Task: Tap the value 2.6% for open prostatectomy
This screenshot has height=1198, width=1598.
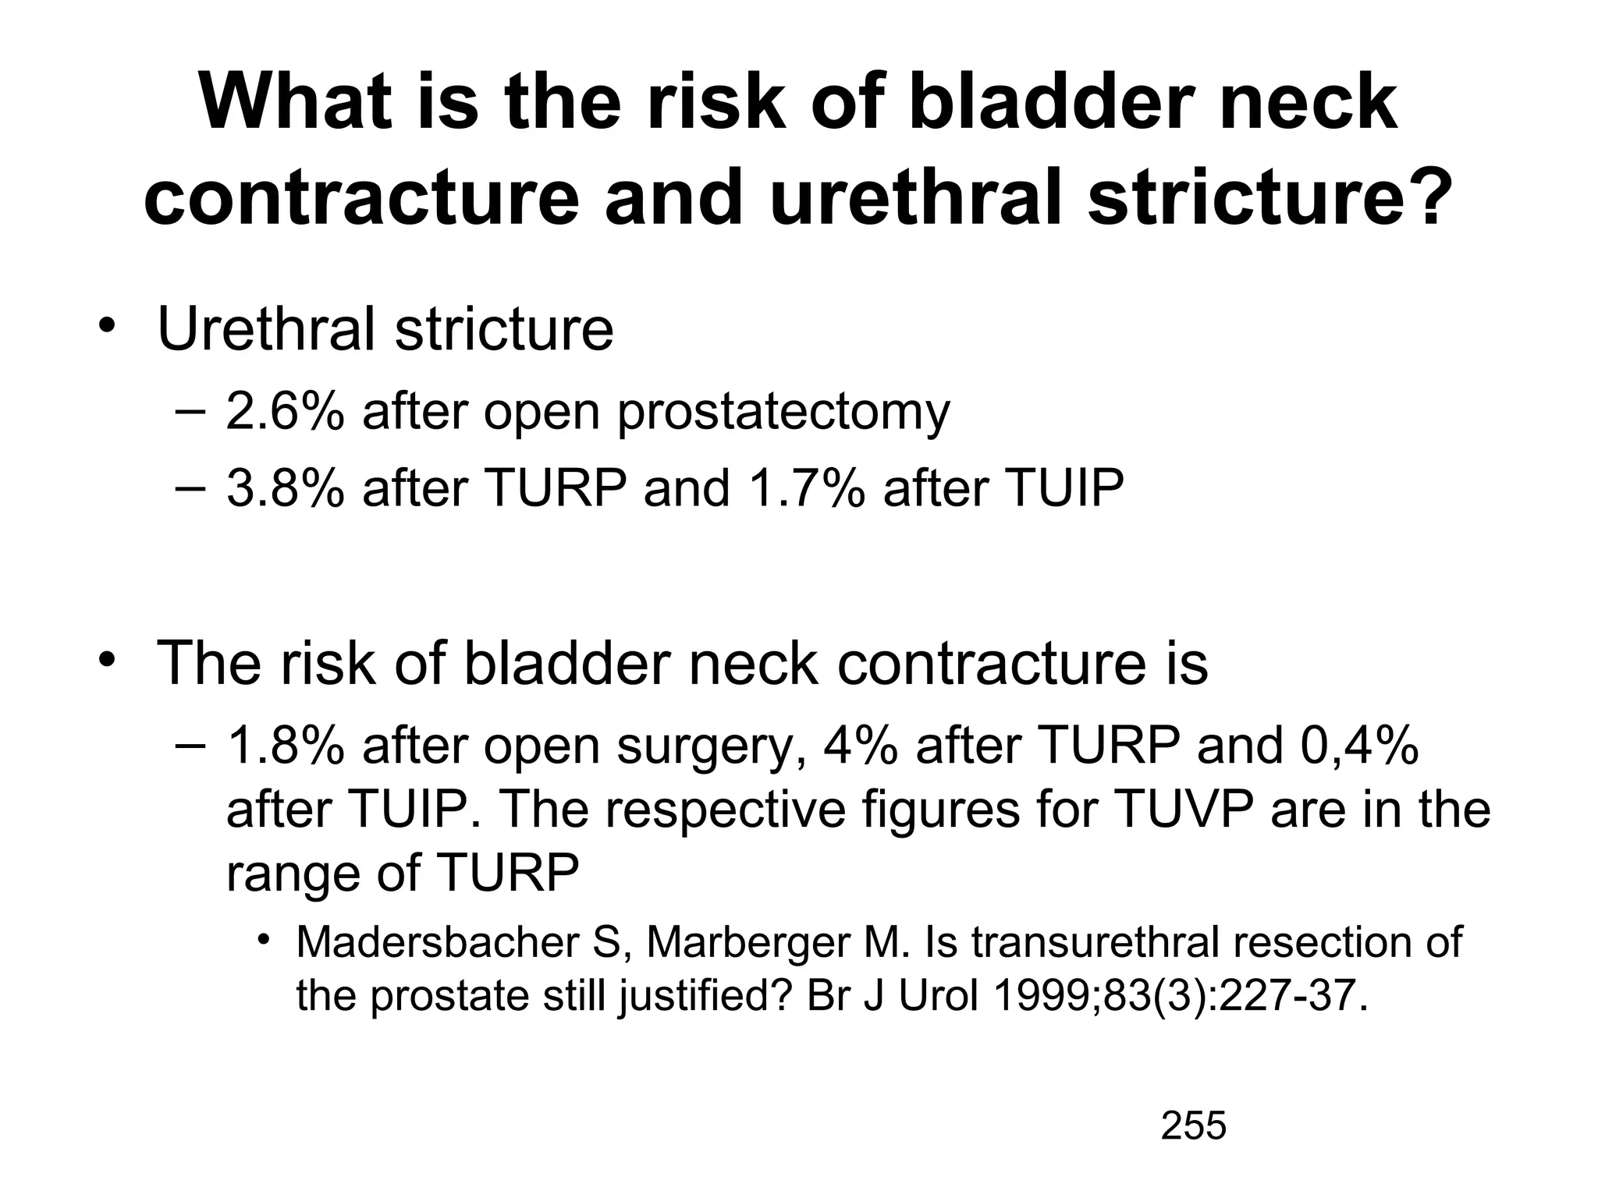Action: coord(285,411)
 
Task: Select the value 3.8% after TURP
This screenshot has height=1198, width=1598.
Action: coord(285,487)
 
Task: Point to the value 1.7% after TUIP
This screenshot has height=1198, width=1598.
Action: coord(806,487)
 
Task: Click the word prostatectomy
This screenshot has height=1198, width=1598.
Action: coord(783,413)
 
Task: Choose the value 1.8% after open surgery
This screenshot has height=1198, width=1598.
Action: coord(285,745)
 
